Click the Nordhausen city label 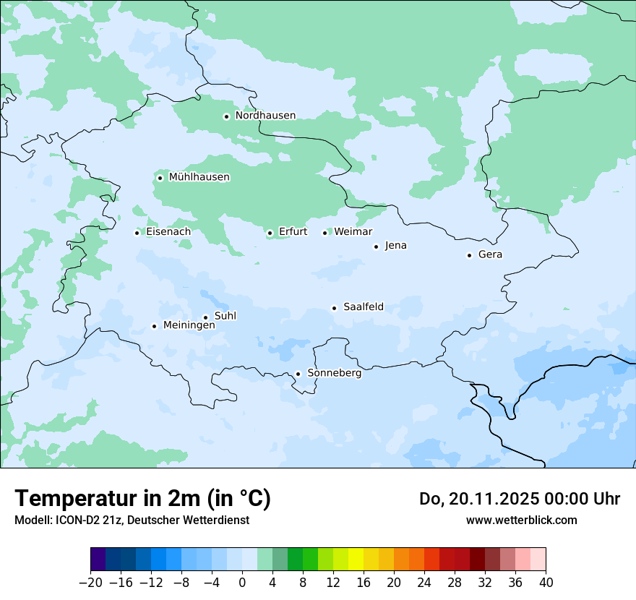click(x=265, y=116)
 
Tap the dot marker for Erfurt click(x=270, y=233)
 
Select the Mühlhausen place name click(x=199, y=177)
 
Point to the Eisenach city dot click(x=137, y=233)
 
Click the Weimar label click(x=353, y=232)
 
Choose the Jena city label click(x=395, y=246)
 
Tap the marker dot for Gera click(x=469, y=255)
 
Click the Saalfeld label click(x=363, y=307)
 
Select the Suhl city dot click(x=205, y=317)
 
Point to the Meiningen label click(x=189, y=325)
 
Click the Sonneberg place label click(x=334, y=373)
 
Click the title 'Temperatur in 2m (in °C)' click(x=142, y=498)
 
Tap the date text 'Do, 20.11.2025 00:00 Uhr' click(x=519, y=499)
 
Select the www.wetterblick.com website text click(x=521, y=520)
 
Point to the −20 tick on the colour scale click(x=90, y=582)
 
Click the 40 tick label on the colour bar click(x=546, y=582)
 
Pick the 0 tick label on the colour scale click(x=242, y=582)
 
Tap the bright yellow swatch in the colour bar click(x=356, y=560)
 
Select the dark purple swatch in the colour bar click(x=98, y=560)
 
